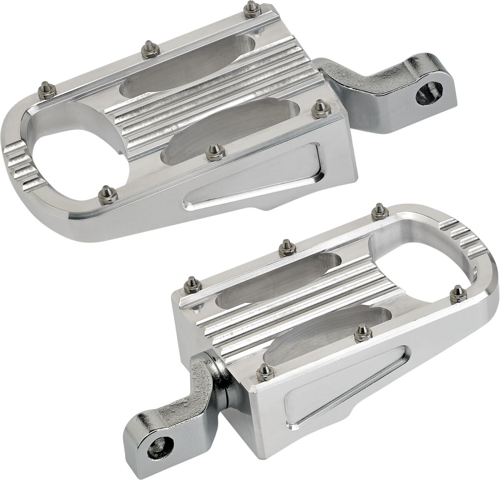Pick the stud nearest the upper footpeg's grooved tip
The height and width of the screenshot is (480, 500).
point(103,193)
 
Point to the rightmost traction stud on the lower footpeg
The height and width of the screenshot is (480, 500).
point(457,291)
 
